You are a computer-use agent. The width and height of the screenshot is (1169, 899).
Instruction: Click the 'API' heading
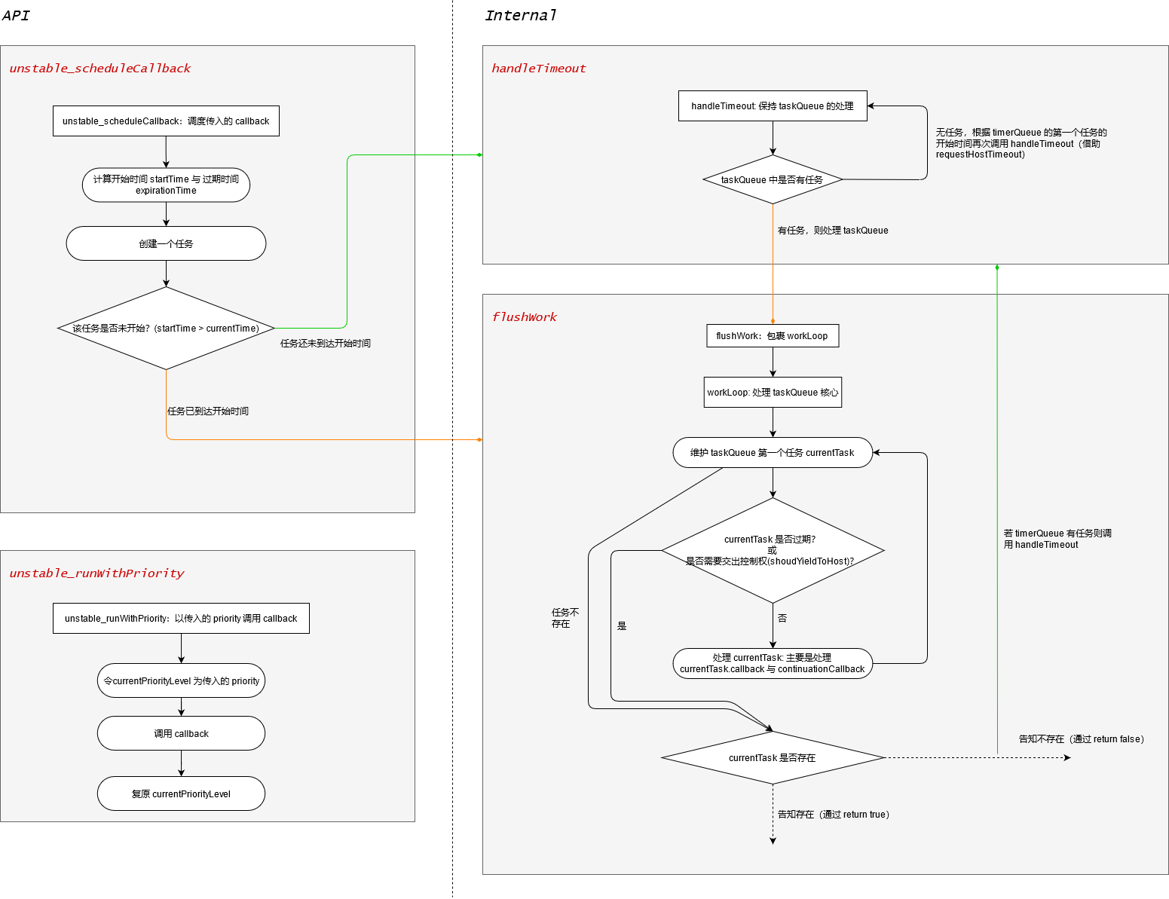[16, 16]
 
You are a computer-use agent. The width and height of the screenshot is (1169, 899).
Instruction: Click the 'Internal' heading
[520, 16]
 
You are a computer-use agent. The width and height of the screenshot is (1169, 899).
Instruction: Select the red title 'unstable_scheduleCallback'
[99, 69]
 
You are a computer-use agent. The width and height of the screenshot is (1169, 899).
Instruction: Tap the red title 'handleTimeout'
[538, 69]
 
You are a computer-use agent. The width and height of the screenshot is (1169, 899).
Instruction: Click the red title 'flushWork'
[524, 317]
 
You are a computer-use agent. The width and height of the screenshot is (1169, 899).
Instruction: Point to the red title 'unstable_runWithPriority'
[96, 573]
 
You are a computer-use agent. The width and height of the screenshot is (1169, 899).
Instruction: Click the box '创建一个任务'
[166, 243]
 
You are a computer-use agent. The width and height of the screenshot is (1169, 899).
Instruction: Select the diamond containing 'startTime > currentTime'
[166, 329]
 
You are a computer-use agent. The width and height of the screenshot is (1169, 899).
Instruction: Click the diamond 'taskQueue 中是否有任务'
[773, 180]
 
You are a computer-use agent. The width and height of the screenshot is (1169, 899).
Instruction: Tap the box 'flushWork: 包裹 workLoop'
[773, 336]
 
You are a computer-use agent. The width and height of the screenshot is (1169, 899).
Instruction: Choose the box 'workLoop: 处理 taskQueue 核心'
[773, 393]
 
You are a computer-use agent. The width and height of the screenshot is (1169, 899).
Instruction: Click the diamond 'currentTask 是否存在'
[773, 758]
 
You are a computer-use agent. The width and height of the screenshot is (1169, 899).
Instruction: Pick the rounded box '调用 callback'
[181, 734]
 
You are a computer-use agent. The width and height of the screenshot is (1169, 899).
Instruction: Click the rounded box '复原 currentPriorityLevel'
[181, 794]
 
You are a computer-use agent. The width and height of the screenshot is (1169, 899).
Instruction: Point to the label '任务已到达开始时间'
[208, 411]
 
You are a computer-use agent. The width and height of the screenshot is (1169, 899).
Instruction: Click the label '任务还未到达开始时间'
[326, 344]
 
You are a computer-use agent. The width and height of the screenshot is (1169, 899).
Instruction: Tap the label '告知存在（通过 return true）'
[834, 815]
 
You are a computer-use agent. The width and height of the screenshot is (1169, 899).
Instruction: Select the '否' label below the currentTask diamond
[782, 618]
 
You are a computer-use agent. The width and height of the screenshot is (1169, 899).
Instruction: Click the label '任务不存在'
[565, 618]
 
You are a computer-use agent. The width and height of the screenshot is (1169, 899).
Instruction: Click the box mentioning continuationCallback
[773, 664]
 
